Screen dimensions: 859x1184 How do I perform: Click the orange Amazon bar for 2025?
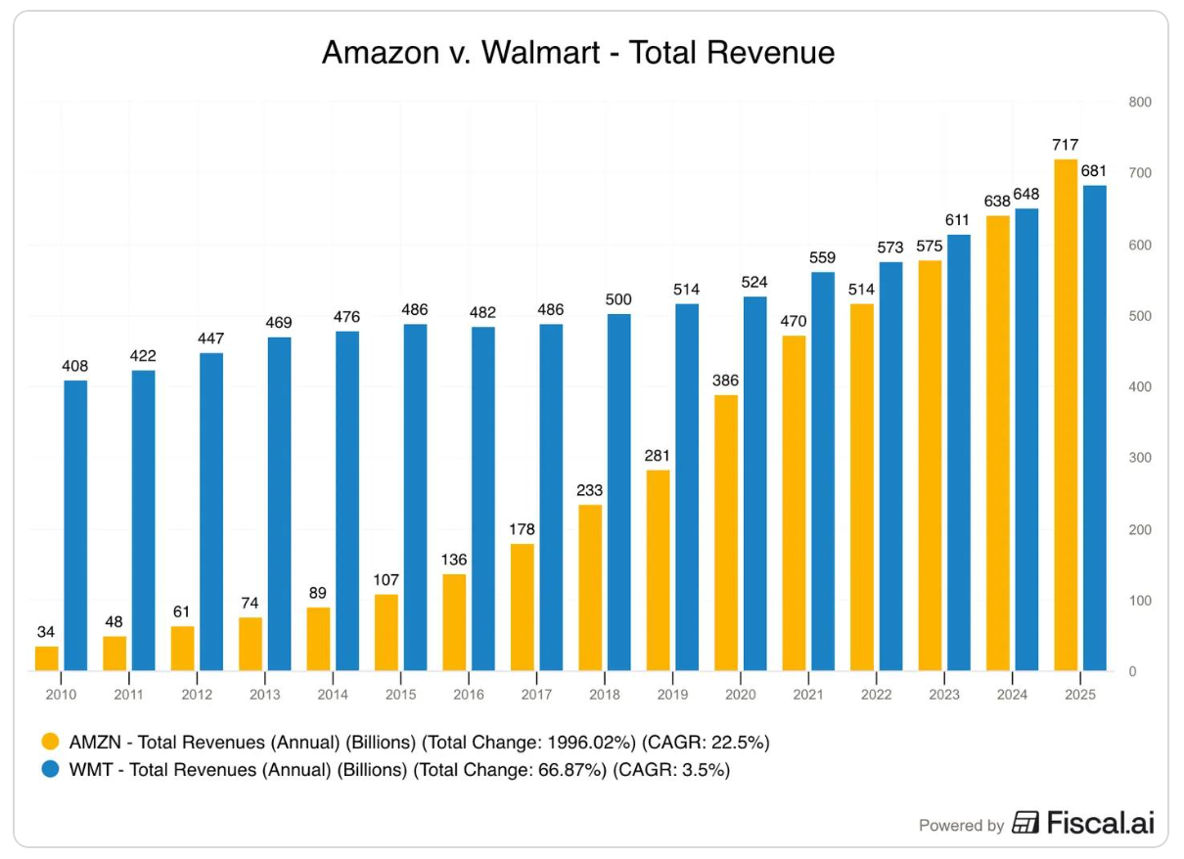click(x=1065, y=415)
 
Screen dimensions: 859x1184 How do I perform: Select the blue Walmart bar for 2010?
click(x=75, y=525)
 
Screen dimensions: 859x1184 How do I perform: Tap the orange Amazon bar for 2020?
click(x=725, y=533)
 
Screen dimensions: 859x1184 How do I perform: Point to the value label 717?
click(x=1065, y=145)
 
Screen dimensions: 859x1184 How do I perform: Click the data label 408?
click(x=75, y=366)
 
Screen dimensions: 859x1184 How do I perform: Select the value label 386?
click(x=725, y=381)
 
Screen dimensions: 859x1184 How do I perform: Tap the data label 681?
click(x=1093, y=171)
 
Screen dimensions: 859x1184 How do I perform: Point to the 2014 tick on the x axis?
click(x=333, y=694)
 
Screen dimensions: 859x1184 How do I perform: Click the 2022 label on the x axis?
click(x=876, y=694)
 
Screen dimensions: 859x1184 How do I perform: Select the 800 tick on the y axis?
click(x=1140, y=102)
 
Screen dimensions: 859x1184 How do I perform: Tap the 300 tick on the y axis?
click(x=1140, y=458)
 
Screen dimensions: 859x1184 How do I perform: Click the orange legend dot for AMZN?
click(x=50, y=743)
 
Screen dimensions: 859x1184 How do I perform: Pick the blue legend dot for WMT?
click(x=50, y=770)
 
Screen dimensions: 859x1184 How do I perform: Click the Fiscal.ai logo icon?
click(x=1025, y=823)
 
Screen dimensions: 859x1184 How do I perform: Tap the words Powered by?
click(x=961, y=826)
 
